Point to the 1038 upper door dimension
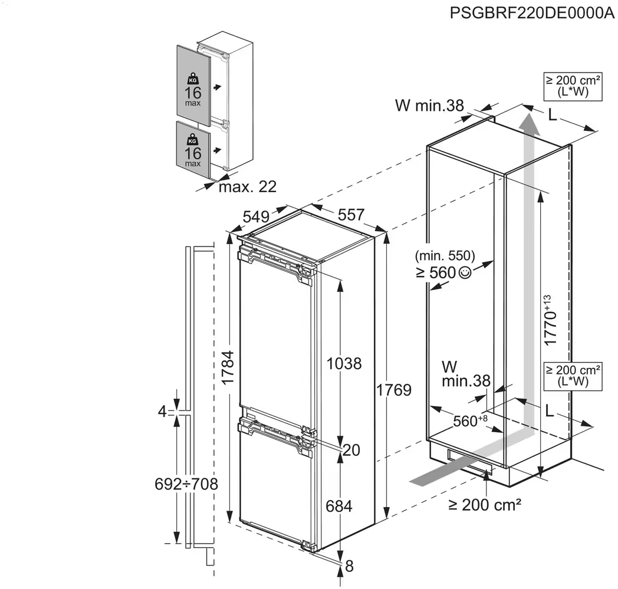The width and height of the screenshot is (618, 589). [x=343, y=363]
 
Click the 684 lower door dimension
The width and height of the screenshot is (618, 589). [x=340, y=506]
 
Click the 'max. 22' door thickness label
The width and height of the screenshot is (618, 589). [x=247, y=187]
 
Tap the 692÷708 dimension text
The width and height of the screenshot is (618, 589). [x=187, y=484]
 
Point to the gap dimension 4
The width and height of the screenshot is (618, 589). [x=163, y=412]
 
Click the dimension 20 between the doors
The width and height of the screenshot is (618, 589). [x=351, y=450]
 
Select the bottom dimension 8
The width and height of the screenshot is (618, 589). [x=349, y=566]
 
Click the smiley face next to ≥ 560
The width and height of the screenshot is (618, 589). [x=465, y=272]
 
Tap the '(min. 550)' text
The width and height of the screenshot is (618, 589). [x=445, y=256]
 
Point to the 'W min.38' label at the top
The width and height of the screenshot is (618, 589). [x=429, y=106]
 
